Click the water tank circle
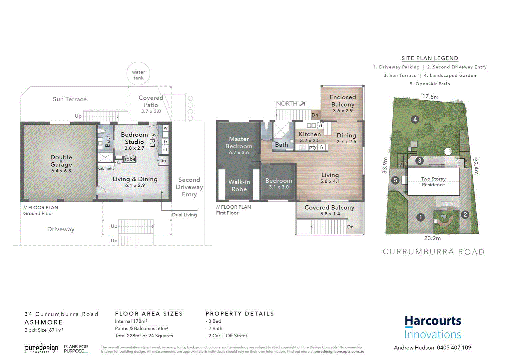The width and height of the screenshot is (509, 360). [138, 73]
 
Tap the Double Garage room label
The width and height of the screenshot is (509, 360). [61, 161]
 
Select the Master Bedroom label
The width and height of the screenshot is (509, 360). [239, 142]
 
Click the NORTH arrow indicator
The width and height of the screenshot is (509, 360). [302, 104]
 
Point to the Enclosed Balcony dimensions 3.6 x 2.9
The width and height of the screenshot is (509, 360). [343, 111]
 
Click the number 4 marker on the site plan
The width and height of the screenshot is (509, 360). [415, 119]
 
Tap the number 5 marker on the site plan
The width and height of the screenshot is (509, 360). [395, 180]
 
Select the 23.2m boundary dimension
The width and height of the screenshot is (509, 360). [432, 238]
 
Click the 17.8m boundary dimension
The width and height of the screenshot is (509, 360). [430, 97]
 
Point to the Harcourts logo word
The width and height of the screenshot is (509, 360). [433, 321]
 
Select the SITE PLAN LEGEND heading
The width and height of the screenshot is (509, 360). [430, 58]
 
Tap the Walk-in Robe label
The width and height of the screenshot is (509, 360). [239, 185]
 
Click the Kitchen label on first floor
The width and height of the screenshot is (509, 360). [309, 134]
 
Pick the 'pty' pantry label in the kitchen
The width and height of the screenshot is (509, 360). [312, 147]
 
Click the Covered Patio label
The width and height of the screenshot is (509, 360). [151, 101]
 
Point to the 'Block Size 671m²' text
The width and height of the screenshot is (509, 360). [44, 330]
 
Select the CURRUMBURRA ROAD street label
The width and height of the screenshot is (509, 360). [433, 252]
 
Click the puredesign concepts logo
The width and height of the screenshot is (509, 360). [42, 349]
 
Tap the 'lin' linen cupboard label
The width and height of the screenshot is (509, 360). [163, 161]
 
